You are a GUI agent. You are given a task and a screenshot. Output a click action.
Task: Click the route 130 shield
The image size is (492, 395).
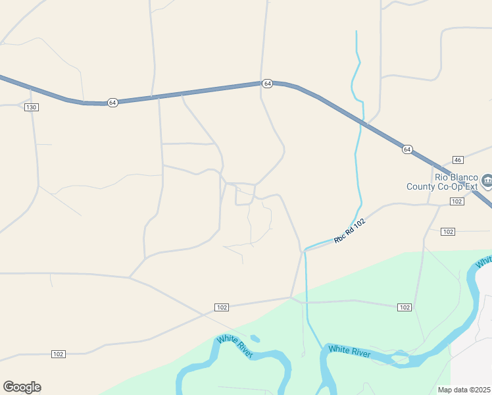click(31, 107)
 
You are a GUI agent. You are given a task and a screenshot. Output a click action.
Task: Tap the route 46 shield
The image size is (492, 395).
click(458, 160)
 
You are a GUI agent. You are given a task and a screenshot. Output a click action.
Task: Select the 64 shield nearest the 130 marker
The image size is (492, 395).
click(113, 103)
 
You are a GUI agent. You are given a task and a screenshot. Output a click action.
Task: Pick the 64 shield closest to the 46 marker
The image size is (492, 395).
click(407, 149)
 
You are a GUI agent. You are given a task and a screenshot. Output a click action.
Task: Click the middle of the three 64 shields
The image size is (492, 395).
click(267, 84)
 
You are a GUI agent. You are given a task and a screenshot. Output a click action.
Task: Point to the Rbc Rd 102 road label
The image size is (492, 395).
click(349, 231)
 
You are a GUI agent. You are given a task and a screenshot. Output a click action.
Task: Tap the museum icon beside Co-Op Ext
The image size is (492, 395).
click(487, 180)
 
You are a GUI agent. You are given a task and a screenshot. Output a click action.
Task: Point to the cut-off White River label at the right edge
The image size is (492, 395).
click(484, 262)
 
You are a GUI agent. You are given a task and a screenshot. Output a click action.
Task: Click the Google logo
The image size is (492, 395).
click(22, 387)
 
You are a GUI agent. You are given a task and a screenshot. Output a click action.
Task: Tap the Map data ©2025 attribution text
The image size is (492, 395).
click(464, 390)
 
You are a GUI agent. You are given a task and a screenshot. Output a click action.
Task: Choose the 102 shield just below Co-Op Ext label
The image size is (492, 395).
click(457, 201)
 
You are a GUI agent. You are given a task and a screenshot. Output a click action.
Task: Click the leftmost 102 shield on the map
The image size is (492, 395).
click(59, 354)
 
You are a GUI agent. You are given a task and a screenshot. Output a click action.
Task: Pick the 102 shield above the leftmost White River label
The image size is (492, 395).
click(222, 307)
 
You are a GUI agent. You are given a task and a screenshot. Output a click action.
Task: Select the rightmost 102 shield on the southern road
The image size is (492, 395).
click(405, 307)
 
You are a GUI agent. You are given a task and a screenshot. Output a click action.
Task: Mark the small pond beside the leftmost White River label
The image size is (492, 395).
click(255, 338)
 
